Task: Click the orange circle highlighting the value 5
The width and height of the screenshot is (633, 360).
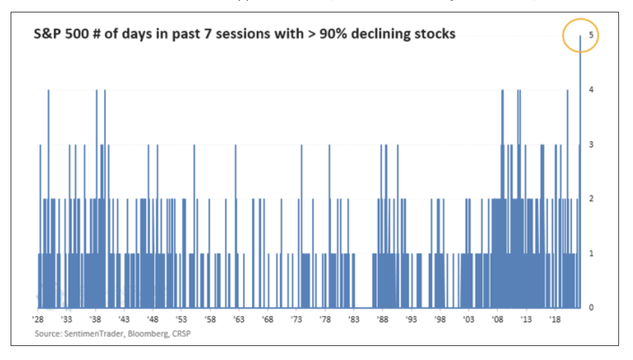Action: pos(581,35)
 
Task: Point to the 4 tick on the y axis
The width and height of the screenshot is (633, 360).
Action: pos(590,90)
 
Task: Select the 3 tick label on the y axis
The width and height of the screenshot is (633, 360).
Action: pos(590,145)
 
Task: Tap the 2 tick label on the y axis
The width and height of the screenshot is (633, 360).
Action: pos(590,199)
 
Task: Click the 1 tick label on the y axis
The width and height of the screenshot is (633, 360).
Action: pos(590,253)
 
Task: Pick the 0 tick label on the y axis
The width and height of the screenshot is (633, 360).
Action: pos(590,307)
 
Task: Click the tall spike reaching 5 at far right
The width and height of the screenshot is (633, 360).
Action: pos(580,112)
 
